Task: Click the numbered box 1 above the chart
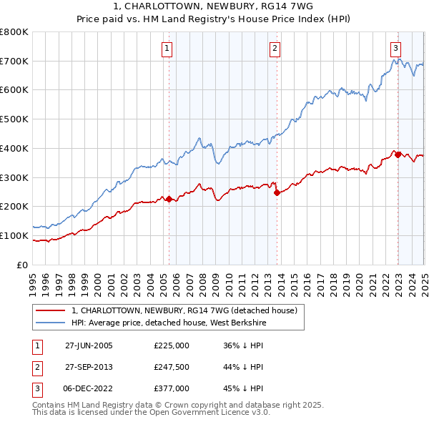(167, 49)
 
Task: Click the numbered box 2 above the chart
(275, 49)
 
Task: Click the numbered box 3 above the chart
(395, 49)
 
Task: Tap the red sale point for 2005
(169, 200)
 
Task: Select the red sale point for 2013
(277, 192)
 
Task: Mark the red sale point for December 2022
(398, 154)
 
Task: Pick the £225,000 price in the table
(172, 345)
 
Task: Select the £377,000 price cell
(172, 388)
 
